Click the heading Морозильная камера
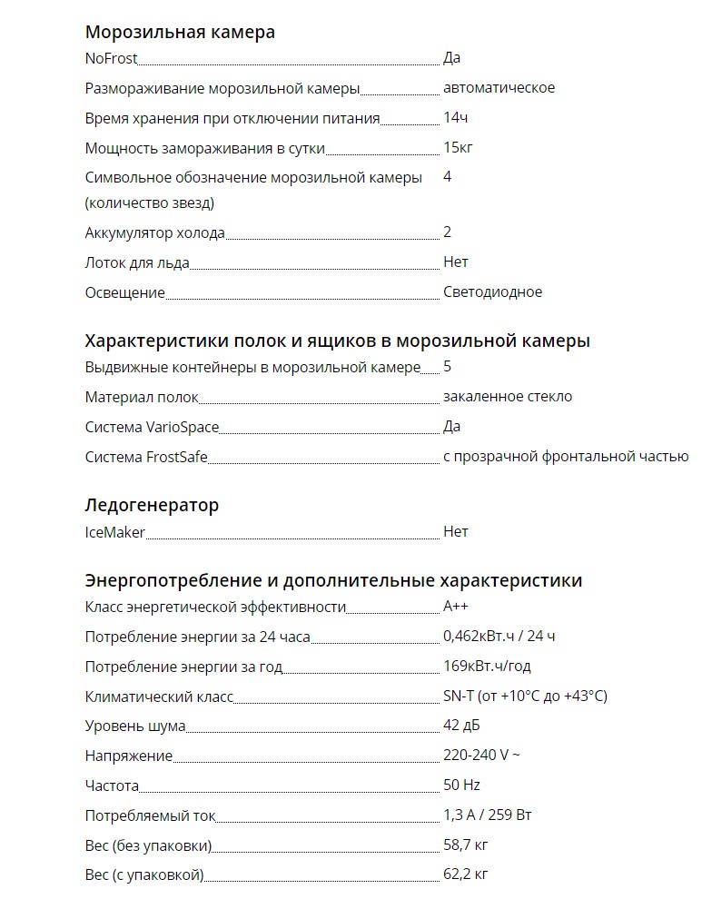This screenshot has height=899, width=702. [x=180, y=32]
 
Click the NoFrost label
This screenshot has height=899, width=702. [x=111, y=58]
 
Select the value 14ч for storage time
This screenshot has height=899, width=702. [x=456, y=118]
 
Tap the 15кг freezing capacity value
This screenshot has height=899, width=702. [x=459, y=147]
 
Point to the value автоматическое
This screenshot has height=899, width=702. [x=499, y=88]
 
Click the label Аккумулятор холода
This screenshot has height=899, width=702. [x=154, y=232]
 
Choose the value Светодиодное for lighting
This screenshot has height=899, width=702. [x=492, y=291]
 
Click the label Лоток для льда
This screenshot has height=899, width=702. [x=137, y=262]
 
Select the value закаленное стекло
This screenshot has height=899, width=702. [x=508, y=396]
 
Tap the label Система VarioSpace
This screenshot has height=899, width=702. [x=152, y=426]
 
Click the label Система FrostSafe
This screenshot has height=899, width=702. [x=146, y=457]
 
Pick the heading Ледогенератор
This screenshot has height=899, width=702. [x=152, y=505]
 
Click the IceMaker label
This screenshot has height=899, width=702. [x=114, y=532]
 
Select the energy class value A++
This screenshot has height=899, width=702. [x=456, y=607]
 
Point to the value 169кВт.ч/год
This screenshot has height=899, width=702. [x=487, y=666]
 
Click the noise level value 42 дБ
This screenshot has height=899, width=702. [x=461, y=726]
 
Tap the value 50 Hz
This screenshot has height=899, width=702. [x=461, y=785]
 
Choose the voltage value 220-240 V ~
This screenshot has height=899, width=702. [x=481, y=755]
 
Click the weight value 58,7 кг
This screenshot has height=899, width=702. [x=466, y=845]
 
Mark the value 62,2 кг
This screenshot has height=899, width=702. [x=466, y=874]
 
